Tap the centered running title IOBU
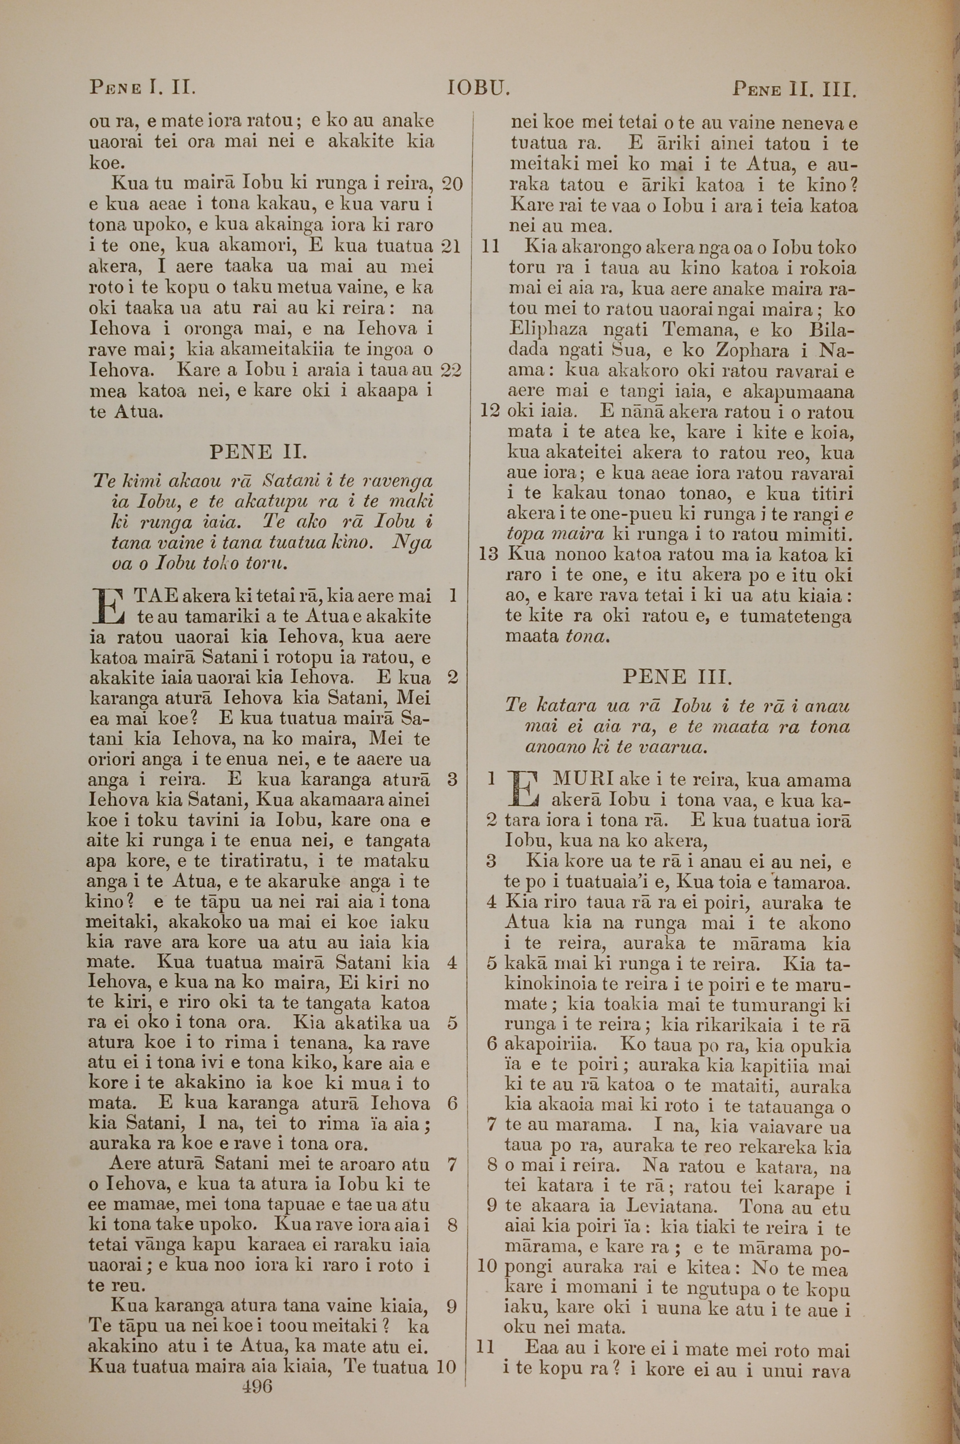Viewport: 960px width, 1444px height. click(478, 89)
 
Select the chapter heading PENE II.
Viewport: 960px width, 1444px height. click(258, 452)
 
